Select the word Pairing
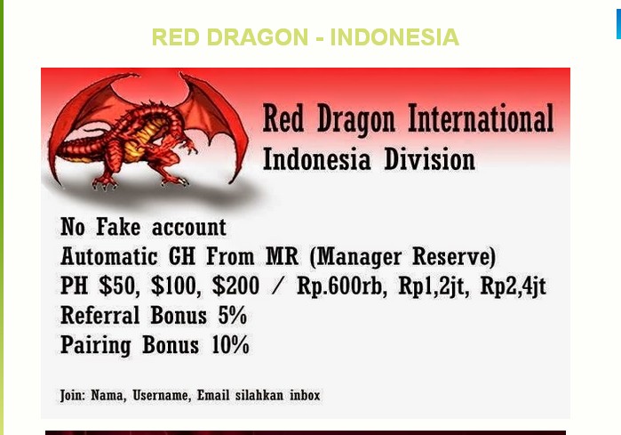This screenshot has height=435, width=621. (x=96, y=345)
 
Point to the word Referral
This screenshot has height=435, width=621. (x=100, y=316)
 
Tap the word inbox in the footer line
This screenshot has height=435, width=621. (x=304, y=395)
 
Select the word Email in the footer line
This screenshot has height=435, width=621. (x=212, y=395)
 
